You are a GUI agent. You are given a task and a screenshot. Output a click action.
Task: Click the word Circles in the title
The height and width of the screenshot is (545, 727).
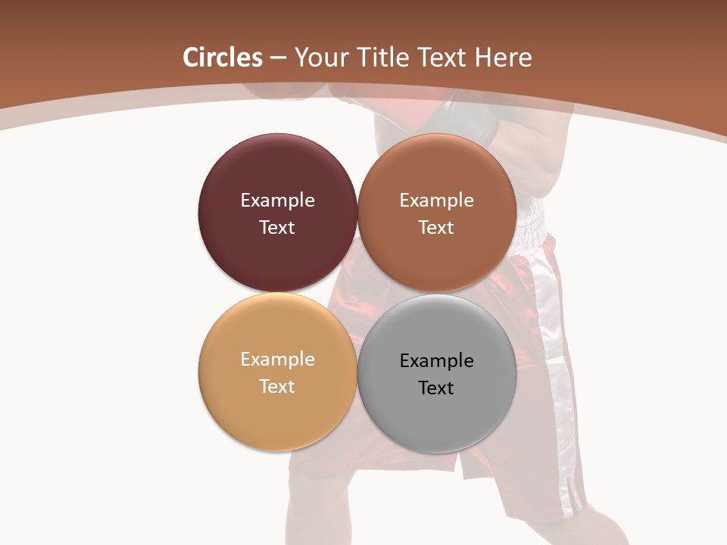(x=222, y=58)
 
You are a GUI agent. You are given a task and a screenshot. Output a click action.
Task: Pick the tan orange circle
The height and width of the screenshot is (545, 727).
(x=277, y=413)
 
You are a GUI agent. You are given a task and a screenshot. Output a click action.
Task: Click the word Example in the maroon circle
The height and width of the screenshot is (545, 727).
(x=277, y=200)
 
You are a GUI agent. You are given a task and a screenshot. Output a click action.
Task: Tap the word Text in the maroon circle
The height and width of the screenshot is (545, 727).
(x=277, y=227)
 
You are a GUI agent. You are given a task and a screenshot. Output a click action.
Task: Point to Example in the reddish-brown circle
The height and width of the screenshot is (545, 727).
(x=437, y=200)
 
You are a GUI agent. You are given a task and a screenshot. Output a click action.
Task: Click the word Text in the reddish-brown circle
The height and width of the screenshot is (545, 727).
(x=437, y=227)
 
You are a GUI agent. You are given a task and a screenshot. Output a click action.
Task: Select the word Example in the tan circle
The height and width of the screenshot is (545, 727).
(x=277, y=359)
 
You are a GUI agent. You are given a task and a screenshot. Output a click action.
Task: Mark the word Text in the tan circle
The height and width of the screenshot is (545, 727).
(x=277, y=386)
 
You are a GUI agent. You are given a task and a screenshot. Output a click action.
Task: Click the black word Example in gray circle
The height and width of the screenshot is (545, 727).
(x=437, y=360)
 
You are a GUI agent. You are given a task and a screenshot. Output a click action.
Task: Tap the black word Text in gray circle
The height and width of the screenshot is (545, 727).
(x=437, y=388)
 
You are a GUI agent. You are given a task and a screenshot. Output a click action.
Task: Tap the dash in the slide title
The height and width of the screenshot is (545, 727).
(x=278, y=58)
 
